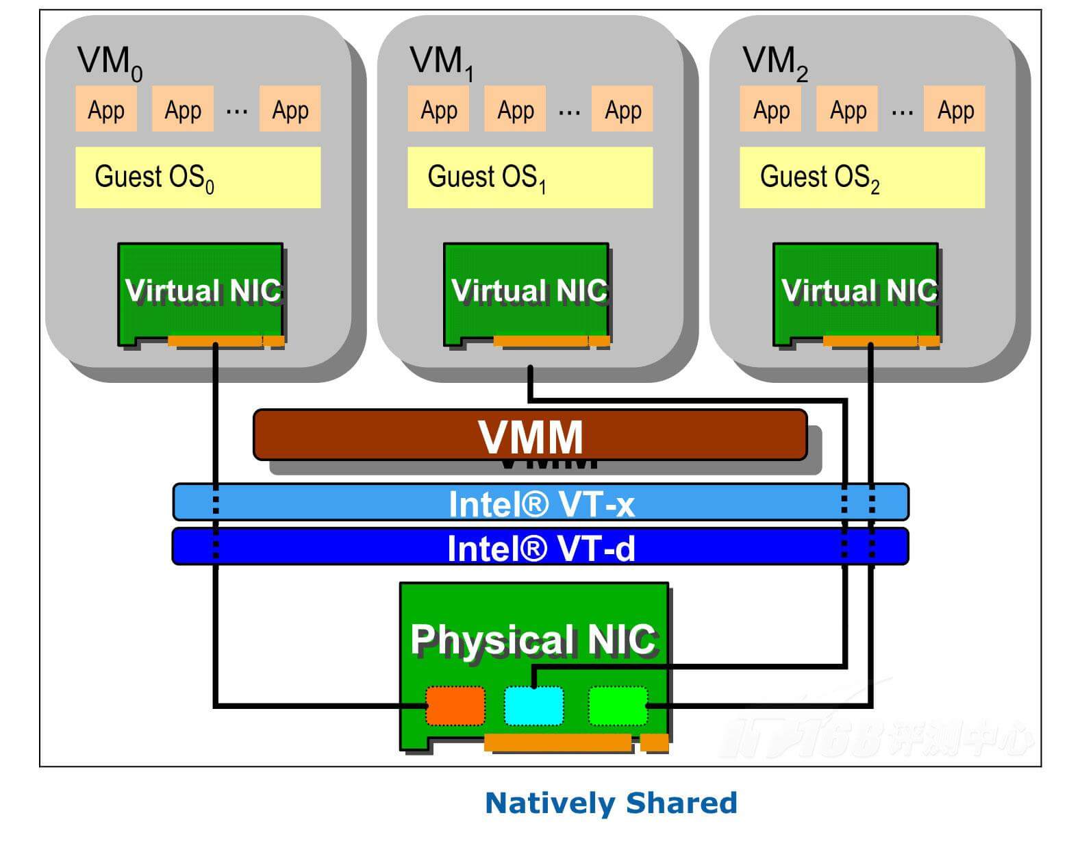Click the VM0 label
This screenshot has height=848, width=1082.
click(110, 62)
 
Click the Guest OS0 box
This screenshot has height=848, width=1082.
click(197, 177)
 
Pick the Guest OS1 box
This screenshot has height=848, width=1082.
click(529, 177)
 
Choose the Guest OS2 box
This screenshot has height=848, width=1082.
click(861, 177)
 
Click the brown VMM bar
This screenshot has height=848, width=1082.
click(530, 435)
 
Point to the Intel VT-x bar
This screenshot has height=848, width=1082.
click(540, 503)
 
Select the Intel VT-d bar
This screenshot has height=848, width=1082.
click(540, 547)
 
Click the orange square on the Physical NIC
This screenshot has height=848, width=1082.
click(455, 706)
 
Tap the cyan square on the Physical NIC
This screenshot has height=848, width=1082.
click(534, 706)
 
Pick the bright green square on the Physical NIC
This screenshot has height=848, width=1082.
click(618, 706)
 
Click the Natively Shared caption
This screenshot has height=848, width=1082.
click(611, 803)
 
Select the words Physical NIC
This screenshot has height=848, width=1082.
click(533, 640)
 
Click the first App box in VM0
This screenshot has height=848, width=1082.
click(106, 109)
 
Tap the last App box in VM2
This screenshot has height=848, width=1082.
click(955, 109)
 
